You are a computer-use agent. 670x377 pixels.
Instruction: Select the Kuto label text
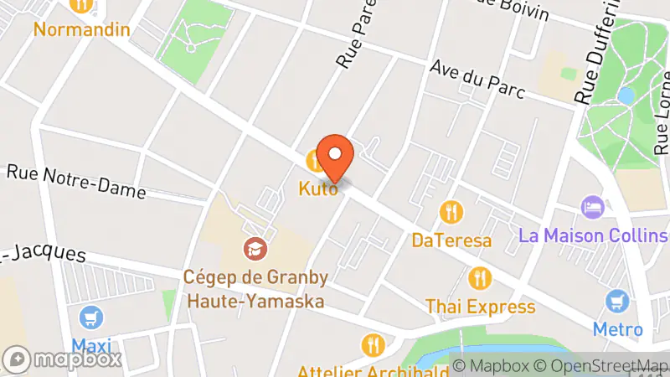[319, 189]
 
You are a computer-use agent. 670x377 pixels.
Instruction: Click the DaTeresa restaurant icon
[451, 210]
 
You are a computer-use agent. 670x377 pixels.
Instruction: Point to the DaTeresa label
[451, 240]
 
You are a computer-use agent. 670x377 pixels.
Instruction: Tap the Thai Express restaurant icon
[480, 276]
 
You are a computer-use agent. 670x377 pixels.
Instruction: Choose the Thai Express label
[480, 307]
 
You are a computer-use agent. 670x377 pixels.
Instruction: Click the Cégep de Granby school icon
[255, 248]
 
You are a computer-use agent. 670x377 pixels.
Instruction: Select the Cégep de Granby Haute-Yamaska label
[255, 288]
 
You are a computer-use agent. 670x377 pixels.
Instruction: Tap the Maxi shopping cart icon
[91, 318]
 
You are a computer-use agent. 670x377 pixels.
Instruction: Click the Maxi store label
[91, 346]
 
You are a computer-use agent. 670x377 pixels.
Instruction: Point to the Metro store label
[618, 329]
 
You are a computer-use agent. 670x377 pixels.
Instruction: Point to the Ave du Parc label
[477, 80]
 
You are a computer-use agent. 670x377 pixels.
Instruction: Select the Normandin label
[82, 30]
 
